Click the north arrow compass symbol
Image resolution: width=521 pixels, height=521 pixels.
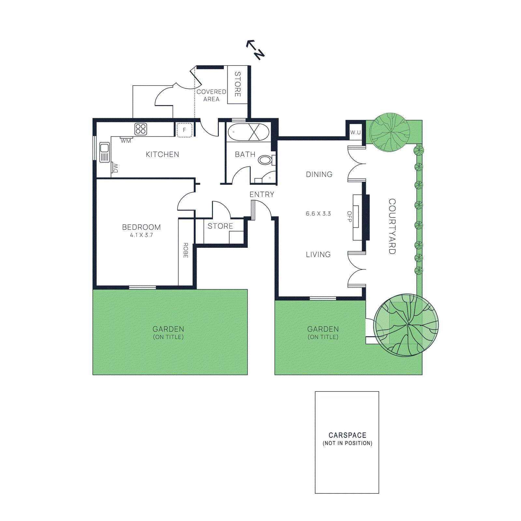point(255,50)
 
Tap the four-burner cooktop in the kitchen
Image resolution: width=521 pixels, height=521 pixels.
point(141,129)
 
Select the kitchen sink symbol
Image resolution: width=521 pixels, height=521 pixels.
point(105,152)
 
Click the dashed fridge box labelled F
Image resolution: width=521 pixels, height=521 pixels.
point(184,130)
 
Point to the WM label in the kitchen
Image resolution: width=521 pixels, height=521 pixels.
point(126,141)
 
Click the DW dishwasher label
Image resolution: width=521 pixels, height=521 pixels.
point(115,168)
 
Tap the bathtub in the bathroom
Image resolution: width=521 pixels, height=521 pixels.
point(248,132)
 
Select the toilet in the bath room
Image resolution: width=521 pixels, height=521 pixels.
point(265,160)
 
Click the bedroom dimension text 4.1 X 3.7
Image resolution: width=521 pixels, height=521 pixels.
point(141,235)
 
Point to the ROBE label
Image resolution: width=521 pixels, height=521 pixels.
point(186,250)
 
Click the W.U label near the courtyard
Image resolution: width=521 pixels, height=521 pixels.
point(355,133)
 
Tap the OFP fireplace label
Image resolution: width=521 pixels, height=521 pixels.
point(349,217)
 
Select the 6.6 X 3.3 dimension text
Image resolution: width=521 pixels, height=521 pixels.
point(318,214)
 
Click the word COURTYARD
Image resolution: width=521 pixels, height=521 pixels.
point(392,226)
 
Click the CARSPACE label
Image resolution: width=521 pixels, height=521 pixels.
point(347,435)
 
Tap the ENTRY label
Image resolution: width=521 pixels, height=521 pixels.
point(262,194)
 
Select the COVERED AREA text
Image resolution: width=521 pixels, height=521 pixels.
point(211,95)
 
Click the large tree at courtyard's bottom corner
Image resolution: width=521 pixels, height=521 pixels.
point(406,325)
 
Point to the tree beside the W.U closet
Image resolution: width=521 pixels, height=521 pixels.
point(390,132)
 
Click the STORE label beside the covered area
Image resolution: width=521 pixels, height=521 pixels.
point(238,84)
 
